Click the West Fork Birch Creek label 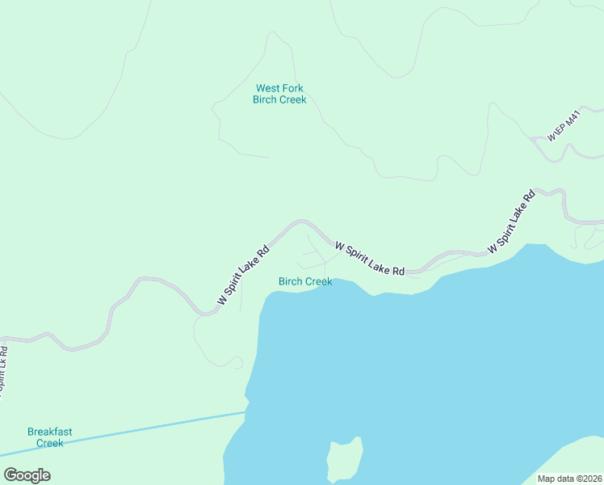[x=279, y=94]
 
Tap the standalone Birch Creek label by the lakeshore [x=305, y=281]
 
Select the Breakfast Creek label [x=49, y=437]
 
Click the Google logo [x=27, y=475]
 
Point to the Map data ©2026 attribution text [x=570, y=479]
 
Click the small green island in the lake [x=344, y=460]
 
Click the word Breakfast [x=49, y=432]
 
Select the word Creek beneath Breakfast [x=49, y=443]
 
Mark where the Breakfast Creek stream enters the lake [x=245, y=412]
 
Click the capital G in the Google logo [x=10, y=474]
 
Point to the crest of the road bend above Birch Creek [x=302, y=220]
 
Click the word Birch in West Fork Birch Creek [x=265, y=99]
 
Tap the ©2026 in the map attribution [x=587, y=479]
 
